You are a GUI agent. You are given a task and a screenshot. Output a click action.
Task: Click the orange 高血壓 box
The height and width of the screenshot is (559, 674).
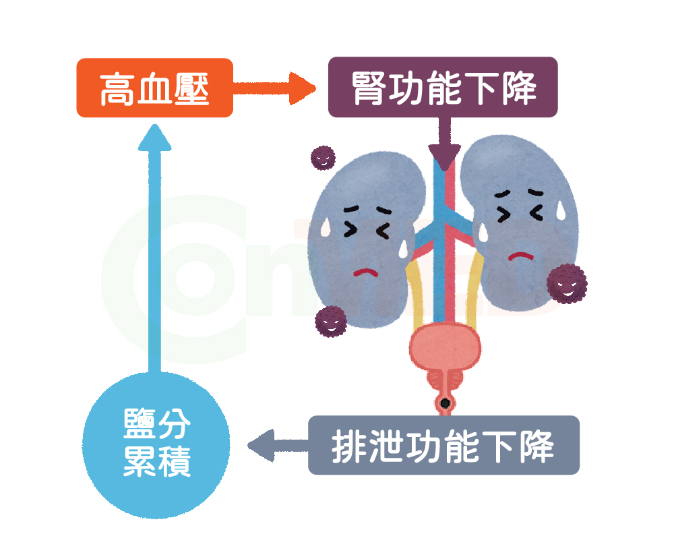click(154, 88)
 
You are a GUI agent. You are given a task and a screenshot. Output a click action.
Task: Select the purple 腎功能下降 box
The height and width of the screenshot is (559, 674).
click(443, 88)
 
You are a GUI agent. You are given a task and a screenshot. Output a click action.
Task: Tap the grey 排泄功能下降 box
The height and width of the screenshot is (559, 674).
click(443, 445)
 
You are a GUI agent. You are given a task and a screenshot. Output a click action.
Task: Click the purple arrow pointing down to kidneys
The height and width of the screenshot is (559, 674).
click(444, 144)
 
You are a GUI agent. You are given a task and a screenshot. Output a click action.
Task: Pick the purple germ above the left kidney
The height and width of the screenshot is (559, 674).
click(322, 157)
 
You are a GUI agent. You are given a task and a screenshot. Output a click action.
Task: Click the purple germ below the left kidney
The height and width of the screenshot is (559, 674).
click(331, 322)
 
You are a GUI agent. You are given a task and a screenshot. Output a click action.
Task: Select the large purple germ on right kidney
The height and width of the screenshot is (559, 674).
click(565, 284)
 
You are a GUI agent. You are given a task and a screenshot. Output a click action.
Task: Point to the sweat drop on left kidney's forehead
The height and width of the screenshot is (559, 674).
click(325, 226)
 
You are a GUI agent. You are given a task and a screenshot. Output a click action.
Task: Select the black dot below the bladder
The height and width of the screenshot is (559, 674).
click(445, 404)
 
